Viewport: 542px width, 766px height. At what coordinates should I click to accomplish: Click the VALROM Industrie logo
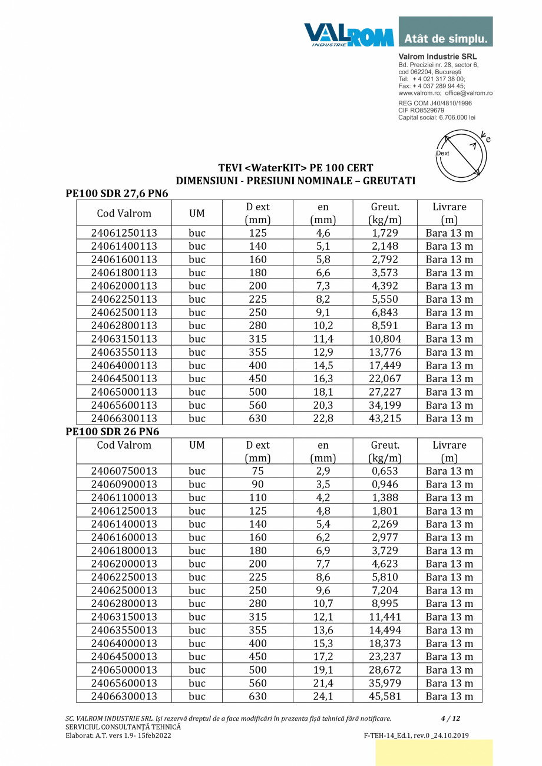pos(349,34)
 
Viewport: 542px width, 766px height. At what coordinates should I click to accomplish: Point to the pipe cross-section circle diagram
pos(461,156)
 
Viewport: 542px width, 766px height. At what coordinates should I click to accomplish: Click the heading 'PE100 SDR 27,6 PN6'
pos(117,194)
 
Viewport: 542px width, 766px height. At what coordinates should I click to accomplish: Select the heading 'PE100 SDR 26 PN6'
pos(112,432)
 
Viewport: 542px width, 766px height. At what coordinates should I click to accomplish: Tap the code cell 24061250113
pos(124,233)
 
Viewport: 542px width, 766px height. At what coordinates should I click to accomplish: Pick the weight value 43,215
pos(384,418)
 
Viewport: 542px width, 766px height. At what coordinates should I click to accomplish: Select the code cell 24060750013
pos(124,471)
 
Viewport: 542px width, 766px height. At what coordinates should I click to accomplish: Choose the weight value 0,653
pos(384,471)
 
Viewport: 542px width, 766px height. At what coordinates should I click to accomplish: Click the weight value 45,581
pos(384,696)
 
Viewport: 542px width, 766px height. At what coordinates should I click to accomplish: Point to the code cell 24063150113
pos(124,339)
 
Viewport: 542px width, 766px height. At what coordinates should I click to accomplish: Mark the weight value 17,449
pos(384,365)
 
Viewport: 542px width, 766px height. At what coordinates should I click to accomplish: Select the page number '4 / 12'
pos(450,718)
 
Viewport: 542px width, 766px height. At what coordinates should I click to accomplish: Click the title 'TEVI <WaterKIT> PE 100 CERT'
pos(295,168)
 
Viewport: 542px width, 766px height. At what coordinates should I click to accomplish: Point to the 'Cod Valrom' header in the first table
pos(124,213)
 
